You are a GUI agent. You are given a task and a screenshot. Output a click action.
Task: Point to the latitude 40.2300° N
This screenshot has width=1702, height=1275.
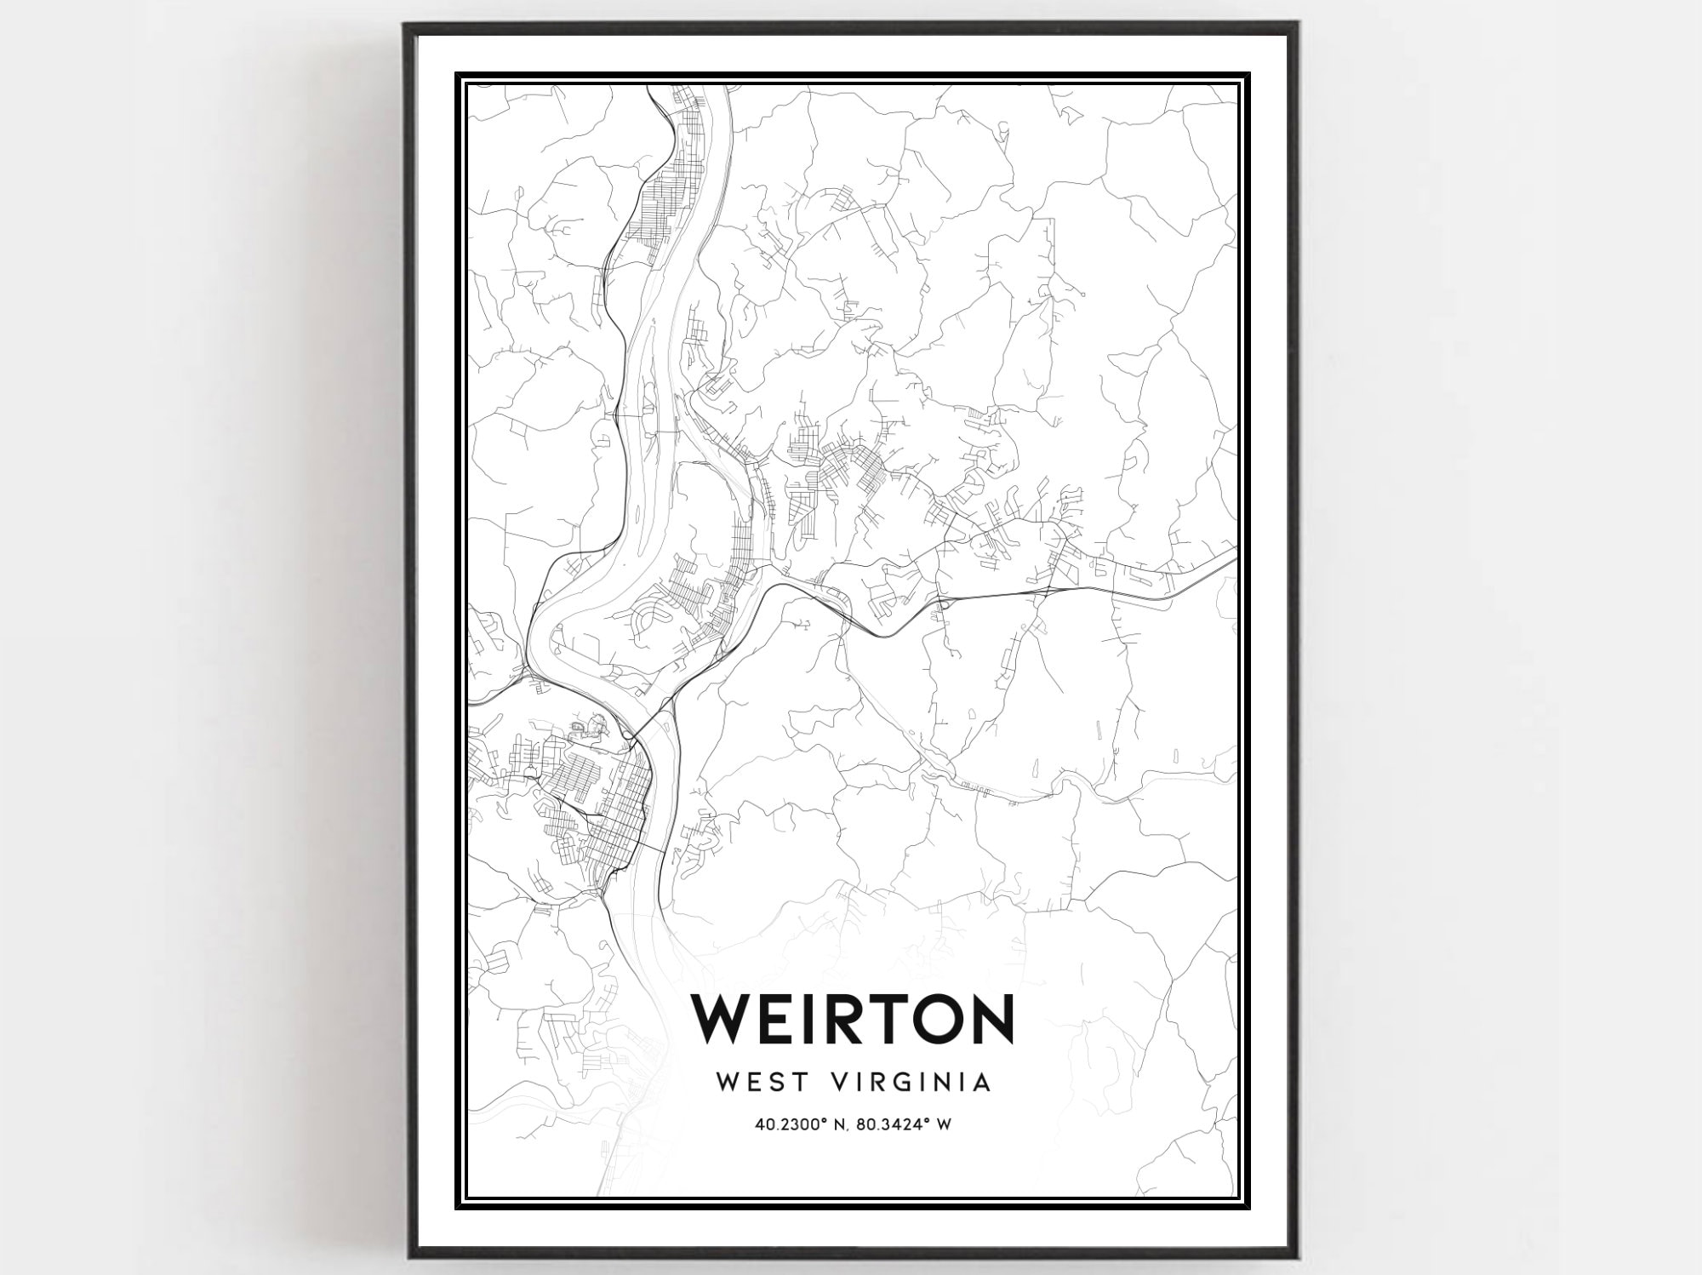click(798, 1124)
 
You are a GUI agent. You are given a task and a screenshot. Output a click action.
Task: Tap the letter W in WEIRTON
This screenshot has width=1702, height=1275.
click(724, 1018)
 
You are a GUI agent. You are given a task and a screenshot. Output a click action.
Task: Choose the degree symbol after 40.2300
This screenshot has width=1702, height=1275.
click(823, 1120)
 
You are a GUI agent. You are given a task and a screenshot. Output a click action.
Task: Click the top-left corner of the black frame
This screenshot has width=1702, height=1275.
click(407, 26)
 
